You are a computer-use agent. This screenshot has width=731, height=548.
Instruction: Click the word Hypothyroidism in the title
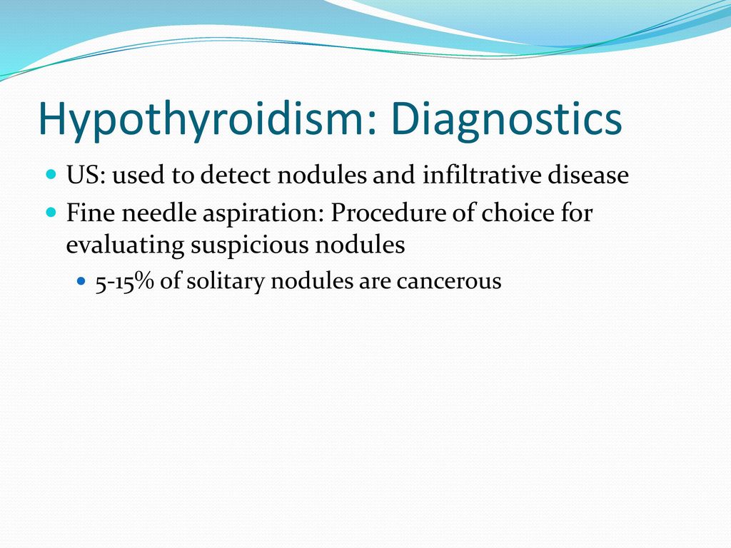[x=201, y=119]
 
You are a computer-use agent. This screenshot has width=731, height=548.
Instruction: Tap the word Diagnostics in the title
[x=506, y=119]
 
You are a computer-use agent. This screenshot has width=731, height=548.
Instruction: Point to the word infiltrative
[x=481, y=176]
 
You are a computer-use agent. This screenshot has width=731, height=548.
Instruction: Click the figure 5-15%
[x=124, y=281]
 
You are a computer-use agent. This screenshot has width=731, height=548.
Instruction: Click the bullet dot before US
[x=51, y=175]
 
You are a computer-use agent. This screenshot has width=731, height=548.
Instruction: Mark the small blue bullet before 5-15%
[x=81, y=281]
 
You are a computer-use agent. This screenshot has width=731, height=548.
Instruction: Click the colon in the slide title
[x=371, y=122]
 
